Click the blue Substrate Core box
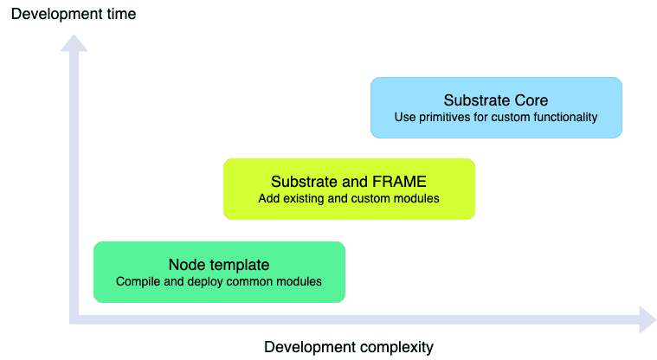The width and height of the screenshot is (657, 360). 496,107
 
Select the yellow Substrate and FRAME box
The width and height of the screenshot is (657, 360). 349,189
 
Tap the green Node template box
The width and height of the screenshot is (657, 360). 219,272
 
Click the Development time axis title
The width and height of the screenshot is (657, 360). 74,14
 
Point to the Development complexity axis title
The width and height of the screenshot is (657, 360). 348,347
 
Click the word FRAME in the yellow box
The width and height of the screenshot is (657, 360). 401,182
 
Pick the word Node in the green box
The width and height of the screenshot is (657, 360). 186,265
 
